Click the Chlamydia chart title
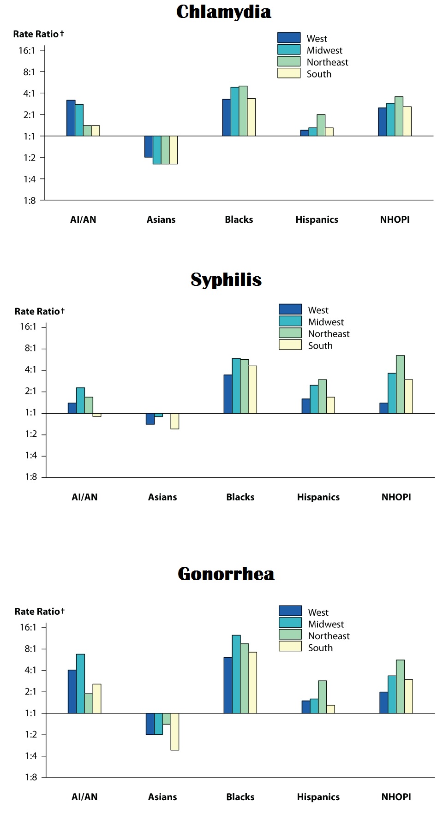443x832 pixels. [223, 12]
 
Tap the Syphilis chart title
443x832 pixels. [226, 280]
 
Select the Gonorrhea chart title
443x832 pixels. [226, 574]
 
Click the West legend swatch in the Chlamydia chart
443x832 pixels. [289, 38]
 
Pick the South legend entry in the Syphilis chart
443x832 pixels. [320, 345]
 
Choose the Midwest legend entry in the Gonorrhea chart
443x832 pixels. [326, 624]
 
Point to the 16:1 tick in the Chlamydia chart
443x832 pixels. [27, 51]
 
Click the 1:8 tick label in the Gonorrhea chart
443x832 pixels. [31, 778]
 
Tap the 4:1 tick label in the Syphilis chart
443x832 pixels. [31, 370]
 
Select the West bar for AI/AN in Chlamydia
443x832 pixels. [71, 118]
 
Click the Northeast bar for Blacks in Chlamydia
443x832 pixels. [243, 111]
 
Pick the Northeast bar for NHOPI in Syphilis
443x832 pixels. [400, 384]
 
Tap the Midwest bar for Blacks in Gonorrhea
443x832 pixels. [236, 674]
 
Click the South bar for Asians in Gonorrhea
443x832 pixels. [174, 732]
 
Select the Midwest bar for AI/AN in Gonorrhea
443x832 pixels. [80, 683]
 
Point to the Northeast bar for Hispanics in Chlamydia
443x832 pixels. [321, 125]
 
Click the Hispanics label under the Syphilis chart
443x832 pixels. [318, 497]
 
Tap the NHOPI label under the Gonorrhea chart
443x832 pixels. [396, 797]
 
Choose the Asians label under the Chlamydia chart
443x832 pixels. [161, 220]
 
